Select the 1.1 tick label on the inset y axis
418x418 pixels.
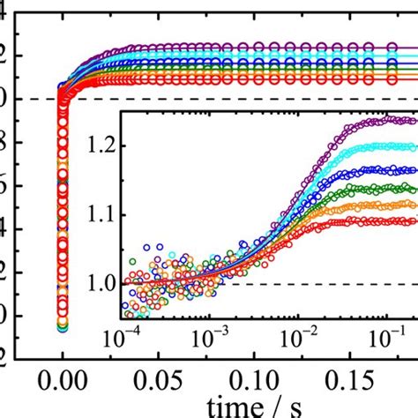[x=101, y=214]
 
